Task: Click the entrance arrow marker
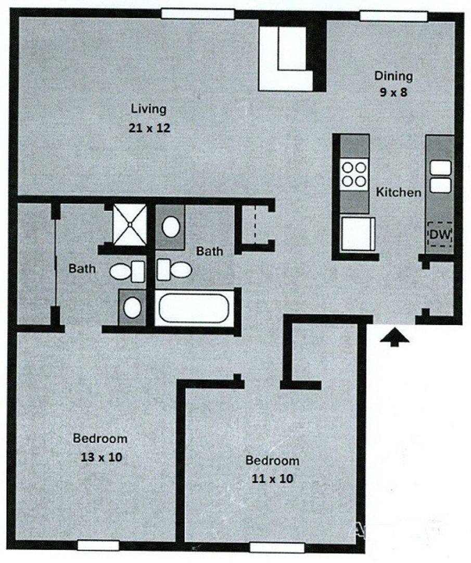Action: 394,337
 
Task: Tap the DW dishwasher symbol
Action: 439,235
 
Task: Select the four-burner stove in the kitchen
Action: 354,174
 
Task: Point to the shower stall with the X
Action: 130,225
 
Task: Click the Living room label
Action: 148,108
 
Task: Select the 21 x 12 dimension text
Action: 149,128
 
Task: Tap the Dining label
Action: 393,76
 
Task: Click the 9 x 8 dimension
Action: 393,92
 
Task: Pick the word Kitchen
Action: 399,192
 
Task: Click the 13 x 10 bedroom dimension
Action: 101,457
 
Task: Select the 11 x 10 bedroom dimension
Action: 272,479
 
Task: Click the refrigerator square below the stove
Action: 358,234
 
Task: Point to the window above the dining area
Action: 393,16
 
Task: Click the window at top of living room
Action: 197,14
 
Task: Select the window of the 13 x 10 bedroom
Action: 98,545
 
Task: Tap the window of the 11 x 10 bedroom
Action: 277,547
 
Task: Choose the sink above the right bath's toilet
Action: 171,227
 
